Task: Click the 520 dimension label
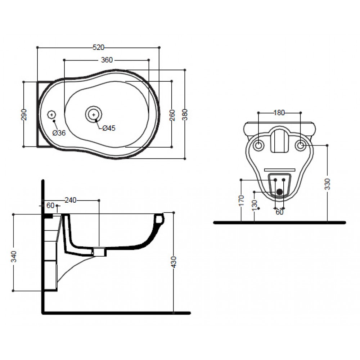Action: click(x=98, y=47)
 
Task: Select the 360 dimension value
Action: click(x=107, y=60)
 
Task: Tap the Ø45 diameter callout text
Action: click(x=109, y=128)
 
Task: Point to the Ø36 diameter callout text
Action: click(x=59, y=133)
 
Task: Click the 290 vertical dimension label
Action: click(x=24, y=114)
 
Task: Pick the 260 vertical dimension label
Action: click(x=172, y=115)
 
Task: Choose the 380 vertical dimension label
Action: click(x=185, y=114)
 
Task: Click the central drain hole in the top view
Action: click(x=94, y=114)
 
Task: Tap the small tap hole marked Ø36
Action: click(x=51, y=114)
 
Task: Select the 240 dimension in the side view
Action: click(x=70, y=200)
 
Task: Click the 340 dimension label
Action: click(x=14, y=257)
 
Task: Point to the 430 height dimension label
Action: click(x=174, y=262)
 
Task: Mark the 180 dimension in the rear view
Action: click(x=279, y=113)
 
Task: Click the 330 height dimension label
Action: click(x=327, y=184)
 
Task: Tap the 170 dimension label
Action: click(x=241, y=201)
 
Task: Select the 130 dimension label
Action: click(x=255, y=205)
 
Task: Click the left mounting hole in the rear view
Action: click(x=258, y=145)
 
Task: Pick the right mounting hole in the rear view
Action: click(x=300, y=145)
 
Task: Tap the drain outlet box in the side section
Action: click(x=99, y=252)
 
